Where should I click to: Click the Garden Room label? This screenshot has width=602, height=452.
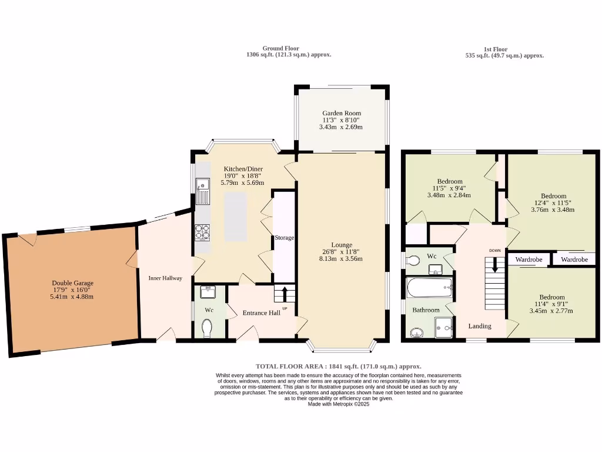click(341, 113)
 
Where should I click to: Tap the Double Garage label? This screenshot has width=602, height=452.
click(72, 283)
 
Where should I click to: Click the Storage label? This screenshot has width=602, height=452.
click(284, 238)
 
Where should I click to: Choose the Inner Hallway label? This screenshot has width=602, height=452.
click(165, 278)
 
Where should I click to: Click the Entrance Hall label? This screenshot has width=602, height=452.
click(261, 313)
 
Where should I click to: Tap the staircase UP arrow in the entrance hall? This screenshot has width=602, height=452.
click(285, 292)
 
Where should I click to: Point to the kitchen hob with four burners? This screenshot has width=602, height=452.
click(202, 233)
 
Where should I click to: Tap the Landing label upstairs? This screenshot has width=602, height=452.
click(479, 326)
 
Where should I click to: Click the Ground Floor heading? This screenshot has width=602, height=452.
click(280, 48)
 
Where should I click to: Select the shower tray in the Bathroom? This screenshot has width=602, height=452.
click(444, 327)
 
